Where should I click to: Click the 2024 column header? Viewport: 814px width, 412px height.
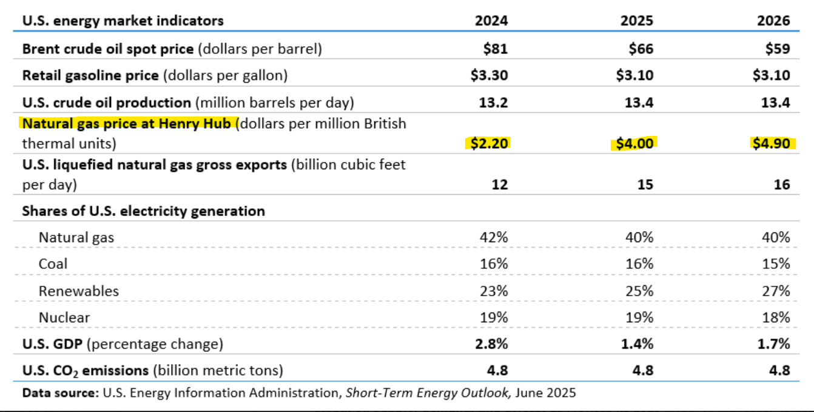[x=491, y=21]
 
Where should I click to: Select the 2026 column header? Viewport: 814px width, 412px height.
[x=773, y=21]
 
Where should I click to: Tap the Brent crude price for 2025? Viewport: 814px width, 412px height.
[x=641, y=49]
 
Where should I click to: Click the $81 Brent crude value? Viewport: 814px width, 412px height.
[x=496, y=49]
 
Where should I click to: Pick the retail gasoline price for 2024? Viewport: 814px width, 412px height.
[x=489, y=75]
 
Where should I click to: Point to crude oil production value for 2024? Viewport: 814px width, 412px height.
[x=494, y=103]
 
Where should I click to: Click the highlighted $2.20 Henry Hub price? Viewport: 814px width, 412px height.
[x=489, y=143]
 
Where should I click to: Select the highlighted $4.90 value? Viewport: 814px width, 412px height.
[x=771, y=143]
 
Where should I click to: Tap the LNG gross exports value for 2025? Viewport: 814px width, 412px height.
[x=645, y=184]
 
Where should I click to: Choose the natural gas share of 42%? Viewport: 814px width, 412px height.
[x=494, y=237]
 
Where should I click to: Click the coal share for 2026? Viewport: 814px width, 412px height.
[x=776, y=263]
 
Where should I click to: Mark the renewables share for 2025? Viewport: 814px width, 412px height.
[x=639, y=291]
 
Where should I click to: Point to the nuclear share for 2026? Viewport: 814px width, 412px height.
[x=776, y=317]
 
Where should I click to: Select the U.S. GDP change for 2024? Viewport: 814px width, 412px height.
[x=491, y=343]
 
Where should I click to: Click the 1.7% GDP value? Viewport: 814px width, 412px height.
[x=773, y=343]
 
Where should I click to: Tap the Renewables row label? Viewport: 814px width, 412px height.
[x=78, y=291]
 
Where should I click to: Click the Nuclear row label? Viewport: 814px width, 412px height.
[x=64, y=317]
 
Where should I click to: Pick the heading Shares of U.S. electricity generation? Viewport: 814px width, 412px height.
[x=144, y=211]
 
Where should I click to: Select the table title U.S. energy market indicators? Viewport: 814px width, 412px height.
[x=123, y=21]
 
